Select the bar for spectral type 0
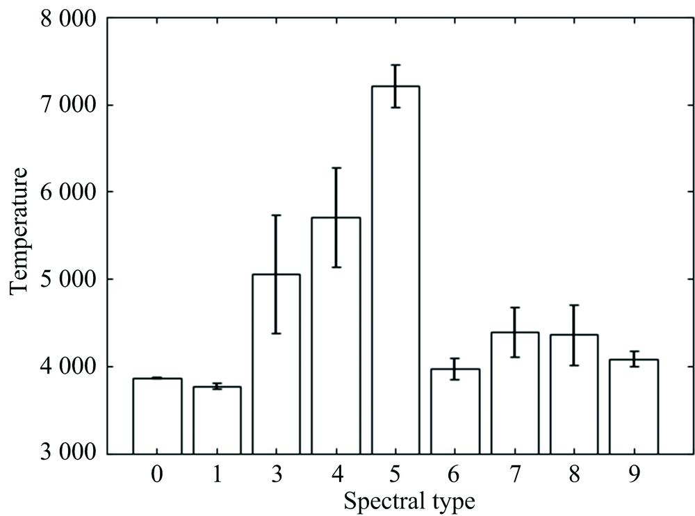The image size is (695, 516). tap(157, 416)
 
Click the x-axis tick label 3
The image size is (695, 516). tap(276, 475)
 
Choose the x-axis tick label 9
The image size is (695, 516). tap(634, 475)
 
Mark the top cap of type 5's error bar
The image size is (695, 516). tap(395, 65)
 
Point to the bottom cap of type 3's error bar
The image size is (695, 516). tap(276, 333)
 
